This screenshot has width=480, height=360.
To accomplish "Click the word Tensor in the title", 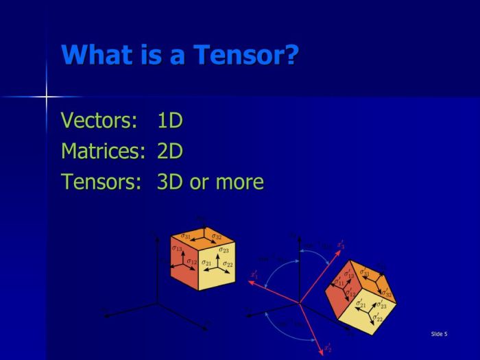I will [x=233, y=55].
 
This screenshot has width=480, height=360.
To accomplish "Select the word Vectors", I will [x=99, y=121].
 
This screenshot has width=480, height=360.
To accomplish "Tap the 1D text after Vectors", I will [x=170, y=121].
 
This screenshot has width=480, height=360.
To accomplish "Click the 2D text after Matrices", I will [x=170, y=151].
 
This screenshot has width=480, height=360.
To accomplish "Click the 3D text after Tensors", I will [x=171, y=182].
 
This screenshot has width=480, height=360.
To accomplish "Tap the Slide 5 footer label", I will [x=439, y=334].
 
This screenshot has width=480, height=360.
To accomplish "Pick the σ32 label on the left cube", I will [x=216, y=237].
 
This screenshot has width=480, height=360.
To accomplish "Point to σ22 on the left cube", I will [x=228, y=264].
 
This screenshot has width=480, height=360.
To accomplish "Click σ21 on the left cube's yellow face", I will [x=206, y=263].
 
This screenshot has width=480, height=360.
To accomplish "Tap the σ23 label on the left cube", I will [x=224, y=250].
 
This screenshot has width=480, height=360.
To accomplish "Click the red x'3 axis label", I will [x=341, y=244].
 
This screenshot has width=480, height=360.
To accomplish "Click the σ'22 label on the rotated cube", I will [x=376, y=317].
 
